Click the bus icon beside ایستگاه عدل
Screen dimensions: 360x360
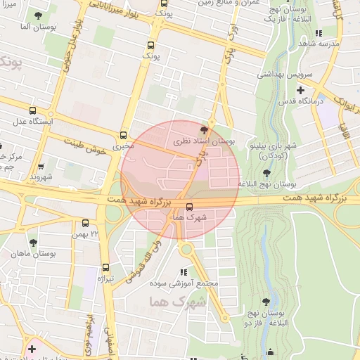coord(33,110)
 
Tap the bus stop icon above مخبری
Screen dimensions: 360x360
coord(124,135)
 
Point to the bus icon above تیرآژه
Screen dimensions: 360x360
coord(106,267)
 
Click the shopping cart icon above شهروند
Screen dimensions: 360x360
coord(41,167)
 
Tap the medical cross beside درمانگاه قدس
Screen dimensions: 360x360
coord(301,90)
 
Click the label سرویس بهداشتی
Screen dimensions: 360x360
coord(278,74)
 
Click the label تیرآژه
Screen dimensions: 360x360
coord(105,278)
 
